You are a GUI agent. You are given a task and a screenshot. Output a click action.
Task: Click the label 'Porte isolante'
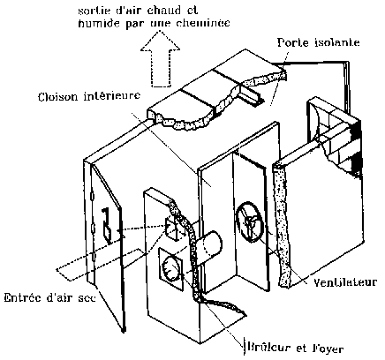click(x=319, y=42)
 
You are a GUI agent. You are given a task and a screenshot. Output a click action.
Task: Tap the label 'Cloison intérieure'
click(x=89, y=96)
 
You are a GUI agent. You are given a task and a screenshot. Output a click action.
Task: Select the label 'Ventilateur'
click(x=345, y=282)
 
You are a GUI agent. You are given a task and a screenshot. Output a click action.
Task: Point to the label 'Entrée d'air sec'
click(x=50, y=297)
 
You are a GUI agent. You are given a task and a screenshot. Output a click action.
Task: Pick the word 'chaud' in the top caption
click(x=165, y=11)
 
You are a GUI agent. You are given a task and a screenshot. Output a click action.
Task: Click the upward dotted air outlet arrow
click(x=161, y=59)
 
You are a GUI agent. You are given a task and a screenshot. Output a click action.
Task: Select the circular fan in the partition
click(x=249, y=222)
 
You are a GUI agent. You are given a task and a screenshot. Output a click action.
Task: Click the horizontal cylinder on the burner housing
click(x=209, y=246)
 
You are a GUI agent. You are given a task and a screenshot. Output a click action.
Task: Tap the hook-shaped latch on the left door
click(x=106, y=226)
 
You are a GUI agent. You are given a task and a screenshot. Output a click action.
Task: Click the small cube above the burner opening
click(x=173, y=229)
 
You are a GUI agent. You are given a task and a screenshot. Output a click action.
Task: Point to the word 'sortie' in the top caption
click(x=94, y=11)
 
